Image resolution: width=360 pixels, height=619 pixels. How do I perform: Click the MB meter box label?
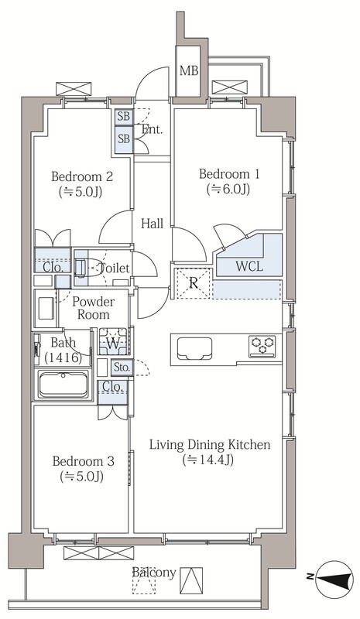189,71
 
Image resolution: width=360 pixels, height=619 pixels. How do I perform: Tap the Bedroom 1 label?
229,173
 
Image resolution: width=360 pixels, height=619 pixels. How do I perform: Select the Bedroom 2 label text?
82,176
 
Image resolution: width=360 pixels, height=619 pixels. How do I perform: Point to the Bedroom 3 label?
83,461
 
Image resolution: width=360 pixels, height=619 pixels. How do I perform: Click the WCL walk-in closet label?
249,266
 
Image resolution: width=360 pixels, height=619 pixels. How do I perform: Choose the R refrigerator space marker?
194,282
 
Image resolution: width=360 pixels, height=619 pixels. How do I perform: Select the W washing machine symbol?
113,341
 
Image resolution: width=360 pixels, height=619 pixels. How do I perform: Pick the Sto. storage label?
122,368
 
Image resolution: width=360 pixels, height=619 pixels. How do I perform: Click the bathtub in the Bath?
63,385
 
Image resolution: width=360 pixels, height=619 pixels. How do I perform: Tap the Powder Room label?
93,308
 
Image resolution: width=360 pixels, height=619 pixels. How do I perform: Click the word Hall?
153,224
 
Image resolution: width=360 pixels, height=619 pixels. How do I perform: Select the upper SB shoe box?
124,117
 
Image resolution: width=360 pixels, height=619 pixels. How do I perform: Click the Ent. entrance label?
153,129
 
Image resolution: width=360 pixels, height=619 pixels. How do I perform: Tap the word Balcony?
154,573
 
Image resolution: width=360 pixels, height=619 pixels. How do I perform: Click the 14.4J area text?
207,460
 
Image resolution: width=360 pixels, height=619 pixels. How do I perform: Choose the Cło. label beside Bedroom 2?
53,267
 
